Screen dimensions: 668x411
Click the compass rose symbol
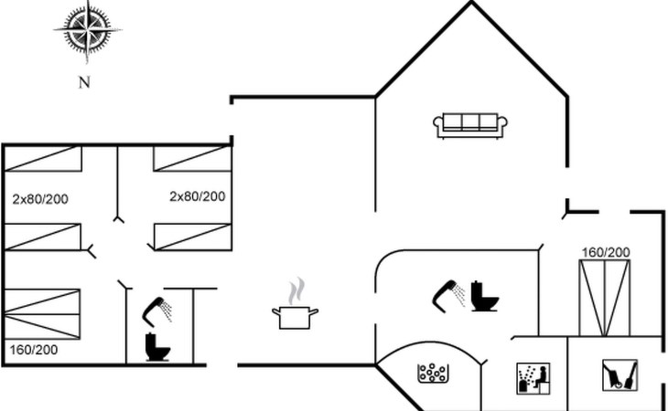click(87, 31)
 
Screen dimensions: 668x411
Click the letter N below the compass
click(84, 82)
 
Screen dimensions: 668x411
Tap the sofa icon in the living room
click(470, 125)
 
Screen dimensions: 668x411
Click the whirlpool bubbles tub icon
click(433, 374)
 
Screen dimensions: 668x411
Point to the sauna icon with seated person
click(533, 378)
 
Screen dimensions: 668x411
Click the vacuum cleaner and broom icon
click(620, 375)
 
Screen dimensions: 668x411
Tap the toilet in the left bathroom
click(157, 347)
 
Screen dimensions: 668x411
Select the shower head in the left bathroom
click(156, 310)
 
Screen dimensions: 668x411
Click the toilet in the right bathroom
click(485, 296)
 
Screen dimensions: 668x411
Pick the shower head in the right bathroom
click(448, 294)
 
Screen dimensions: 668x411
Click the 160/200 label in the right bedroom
click(606, 252)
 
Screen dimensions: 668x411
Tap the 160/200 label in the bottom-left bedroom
click(34, 350)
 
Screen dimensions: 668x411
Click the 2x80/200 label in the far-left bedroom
click(40, 199)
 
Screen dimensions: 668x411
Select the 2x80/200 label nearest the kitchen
click(198, 196)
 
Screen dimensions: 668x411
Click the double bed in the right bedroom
click(604, 298)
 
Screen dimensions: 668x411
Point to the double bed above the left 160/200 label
click(42, 314)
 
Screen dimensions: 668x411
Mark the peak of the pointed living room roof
click(471, 2)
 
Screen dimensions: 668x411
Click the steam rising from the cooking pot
click(296, 291)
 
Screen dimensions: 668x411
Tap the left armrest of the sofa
click(438, 123)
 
